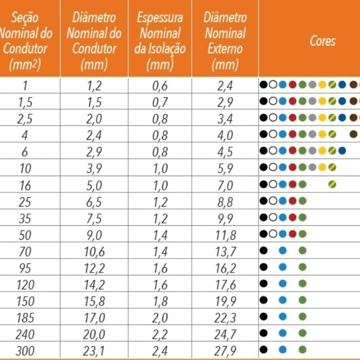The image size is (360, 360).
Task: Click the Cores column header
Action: (x=322, y=41)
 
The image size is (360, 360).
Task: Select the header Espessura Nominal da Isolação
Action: (x=160, y=41)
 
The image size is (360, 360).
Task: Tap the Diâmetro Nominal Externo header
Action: (x=225, y=41)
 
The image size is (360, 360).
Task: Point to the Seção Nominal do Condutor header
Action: (x=26, y=41)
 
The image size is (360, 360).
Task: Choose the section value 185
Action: (x=26, y=318)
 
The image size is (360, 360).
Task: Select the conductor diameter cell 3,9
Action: (x=94, y=168)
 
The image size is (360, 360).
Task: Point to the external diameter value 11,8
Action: (x=225, y=235)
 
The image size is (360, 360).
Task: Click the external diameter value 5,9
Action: (x=225, y=168)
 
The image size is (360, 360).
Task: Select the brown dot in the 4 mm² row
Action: (x=353, y=134)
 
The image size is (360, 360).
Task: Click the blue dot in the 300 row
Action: (x=283, y=349)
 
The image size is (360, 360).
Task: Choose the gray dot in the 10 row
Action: (x=312, y=167)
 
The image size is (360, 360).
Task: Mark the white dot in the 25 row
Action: (x=273, y=201)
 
